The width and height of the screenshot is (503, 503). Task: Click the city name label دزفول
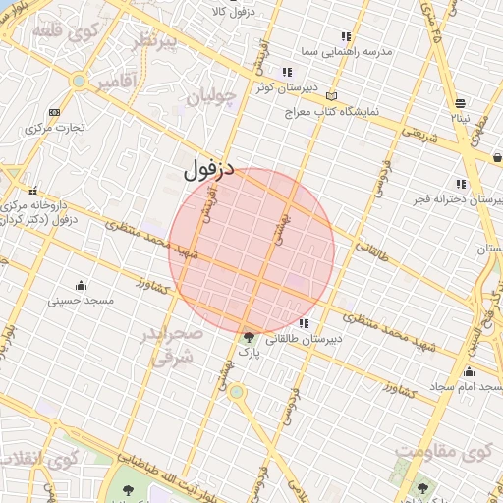[209, 168]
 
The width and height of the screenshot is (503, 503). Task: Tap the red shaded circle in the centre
[251, 251]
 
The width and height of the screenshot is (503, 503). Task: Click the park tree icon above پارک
[248, 337]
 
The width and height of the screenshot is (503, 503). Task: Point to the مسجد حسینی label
[82, 299]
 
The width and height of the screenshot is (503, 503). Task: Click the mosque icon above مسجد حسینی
[81, 284]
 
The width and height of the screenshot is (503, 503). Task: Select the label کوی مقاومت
[441, 452]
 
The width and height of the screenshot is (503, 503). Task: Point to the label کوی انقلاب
[39, 459]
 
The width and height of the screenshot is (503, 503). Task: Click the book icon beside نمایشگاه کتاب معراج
[332, 96]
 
